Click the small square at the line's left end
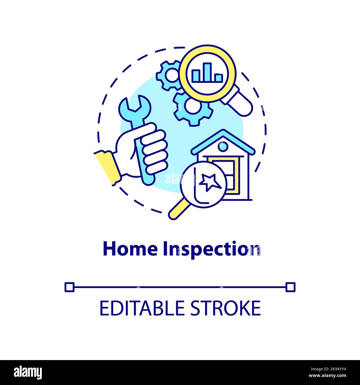pos(69,287)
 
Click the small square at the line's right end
pos(290,287)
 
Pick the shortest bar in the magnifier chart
pos(218,78)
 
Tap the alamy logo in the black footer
pos(28,372)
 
